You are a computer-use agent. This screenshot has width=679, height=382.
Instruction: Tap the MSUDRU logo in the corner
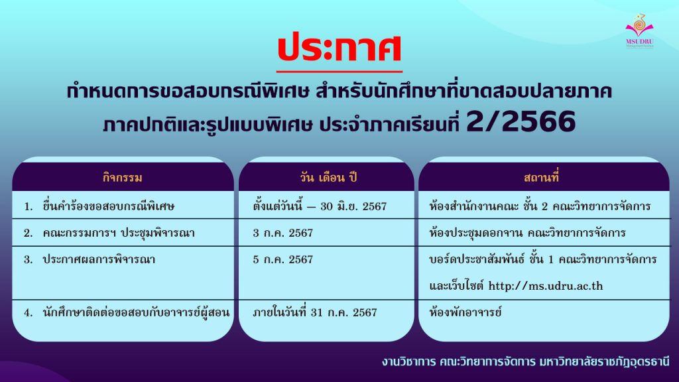[639, 31]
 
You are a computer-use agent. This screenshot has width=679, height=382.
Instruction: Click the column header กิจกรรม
[123, 178]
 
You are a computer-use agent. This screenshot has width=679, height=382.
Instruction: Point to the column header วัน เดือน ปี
[328, 178]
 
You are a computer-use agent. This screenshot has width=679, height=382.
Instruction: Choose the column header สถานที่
[541, 177]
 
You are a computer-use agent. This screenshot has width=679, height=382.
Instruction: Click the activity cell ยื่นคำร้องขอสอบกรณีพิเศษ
[109, 206]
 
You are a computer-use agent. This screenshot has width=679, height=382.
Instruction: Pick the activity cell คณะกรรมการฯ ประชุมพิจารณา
[119, 233]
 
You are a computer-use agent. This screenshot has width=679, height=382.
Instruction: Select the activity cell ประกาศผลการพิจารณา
[99, 259]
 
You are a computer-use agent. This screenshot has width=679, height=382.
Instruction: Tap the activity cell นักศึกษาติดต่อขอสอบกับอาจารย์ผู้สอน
[136, 312]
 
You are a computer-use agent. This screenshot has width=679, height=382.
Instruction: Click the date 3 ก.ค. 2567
[282, 233]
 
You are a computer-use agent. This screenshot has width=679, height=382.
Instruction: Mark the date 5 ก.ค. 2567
[282, 259]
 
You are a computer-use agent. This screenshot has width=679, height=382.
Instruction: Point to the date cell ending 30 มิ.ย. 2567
[320, 206]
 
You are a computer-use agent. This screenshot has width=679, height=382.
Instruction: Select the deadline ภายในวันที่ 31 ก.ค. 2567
[315, 312]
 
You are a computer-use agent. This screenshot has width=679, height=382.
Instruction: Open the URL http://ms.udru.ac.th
[546, 286]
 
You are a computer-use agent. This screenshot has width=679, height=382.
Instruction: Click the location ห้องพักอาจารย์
[465, 312]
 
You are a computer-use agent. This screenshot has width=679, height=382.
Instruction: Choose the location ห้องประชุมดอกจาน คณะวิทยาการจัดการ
[527, 233]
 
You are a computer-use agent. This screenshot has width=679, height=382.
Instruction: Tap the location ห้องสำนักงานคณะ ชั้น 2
[489, 206]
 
